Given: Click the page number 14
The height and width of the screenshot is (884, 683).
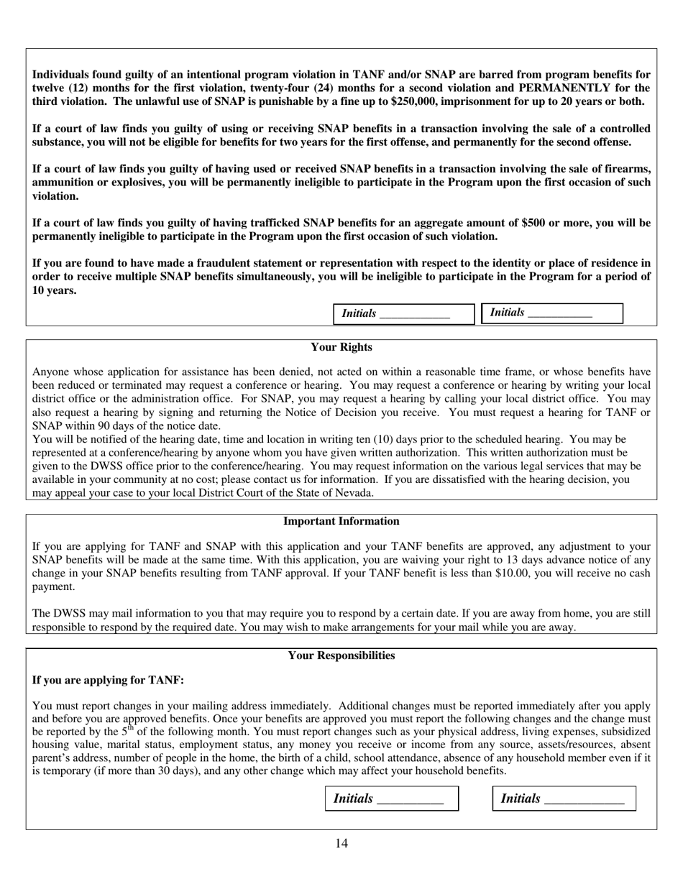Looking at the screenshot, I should pos(341,844).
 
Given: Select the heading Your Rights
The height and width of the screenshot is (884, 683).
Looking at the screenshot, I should pos(341,347).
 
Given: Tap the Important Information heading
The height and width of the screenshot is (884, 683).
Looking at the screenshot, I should pos(341,521).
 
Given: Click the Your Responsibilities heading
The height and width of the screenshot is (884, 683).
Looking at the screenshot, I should pos(341,655).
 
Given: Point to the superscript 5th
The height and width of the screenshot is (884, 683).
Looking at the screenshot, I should pos(127,729).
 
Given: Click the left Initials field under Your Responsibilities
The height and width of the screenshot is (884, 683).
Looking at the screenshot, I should pos(392,798).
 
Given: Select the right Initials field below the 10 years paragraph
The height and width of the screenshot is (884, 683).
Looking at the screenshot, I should pos(551,313).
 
